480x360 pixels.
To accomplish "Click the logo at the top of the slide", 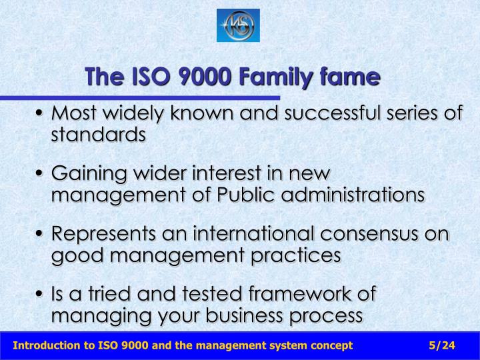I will [238, 25].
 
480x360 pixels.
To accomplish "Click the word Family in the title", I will [272, 78].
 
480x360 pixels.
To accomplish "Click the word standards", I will [98, 134].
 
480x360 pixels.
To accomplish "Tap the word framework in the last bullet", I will [288, 295].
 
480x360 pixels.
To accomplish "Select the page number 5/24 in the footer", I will [442, 345].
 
